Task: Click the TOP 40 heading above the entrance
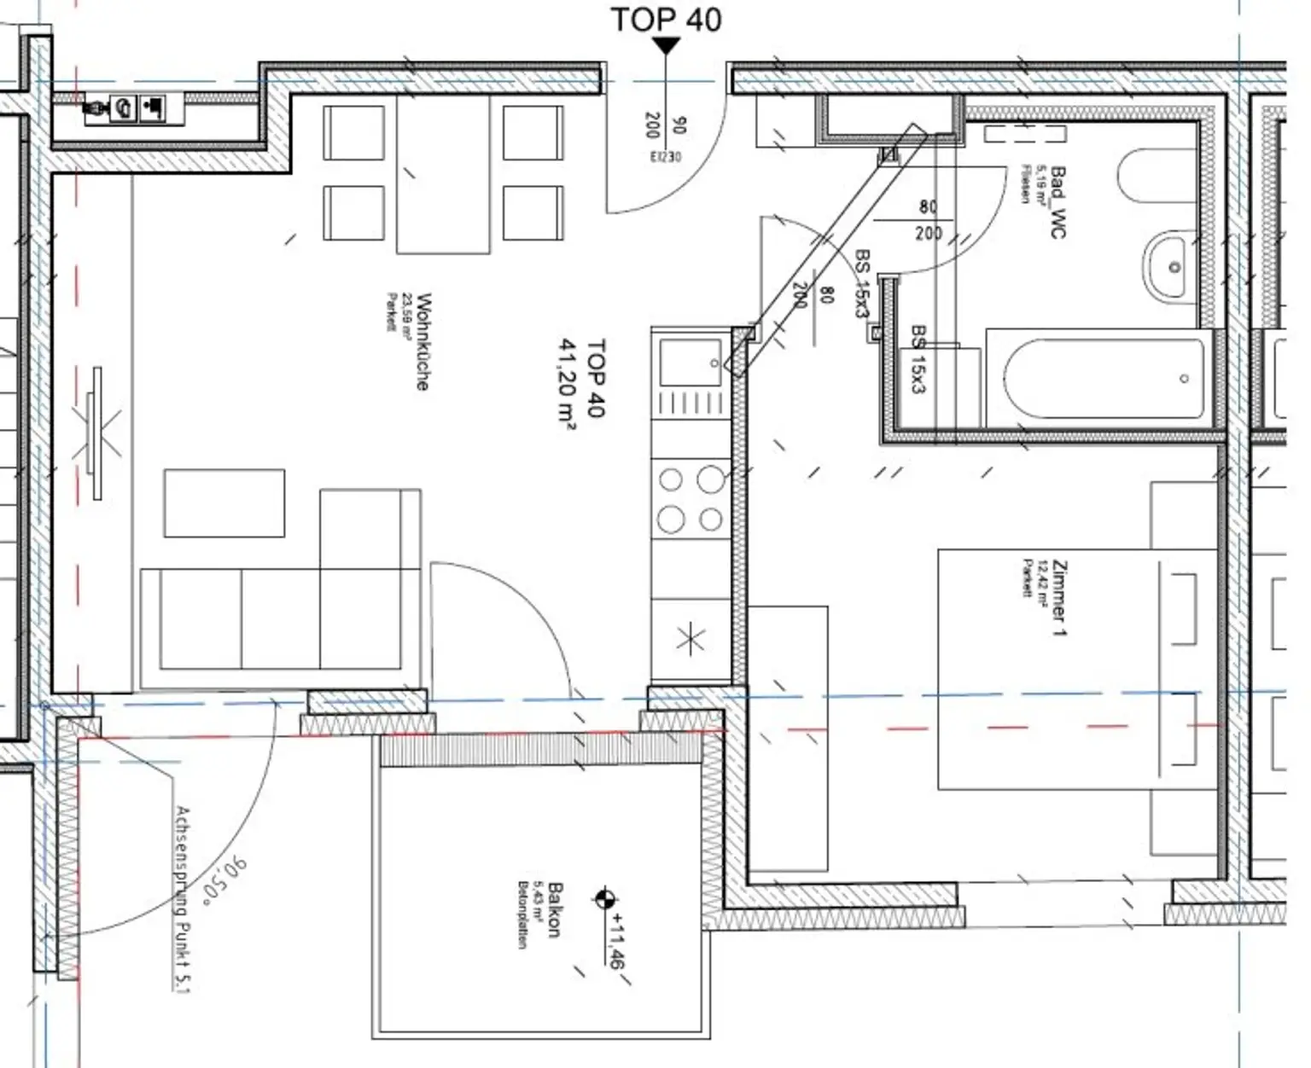click(667, 19)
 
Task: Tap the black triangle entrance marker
click(666, 46)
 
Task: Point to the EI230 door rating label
click(666, 157)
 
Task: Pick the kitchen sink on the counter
click(690, 363)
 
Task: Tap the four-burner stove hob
click(690, 499)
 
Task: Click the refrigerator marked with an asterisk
click(690, 638)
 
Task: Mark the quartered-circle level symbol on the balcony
click(605, 898)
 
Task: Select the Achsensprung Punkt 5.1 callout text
click(181, 899)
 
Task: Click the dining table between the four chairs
click(443, 174)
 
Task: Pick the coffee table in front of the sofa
click(224, 502)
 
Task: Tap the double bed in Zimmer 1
click(1077, 669)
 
